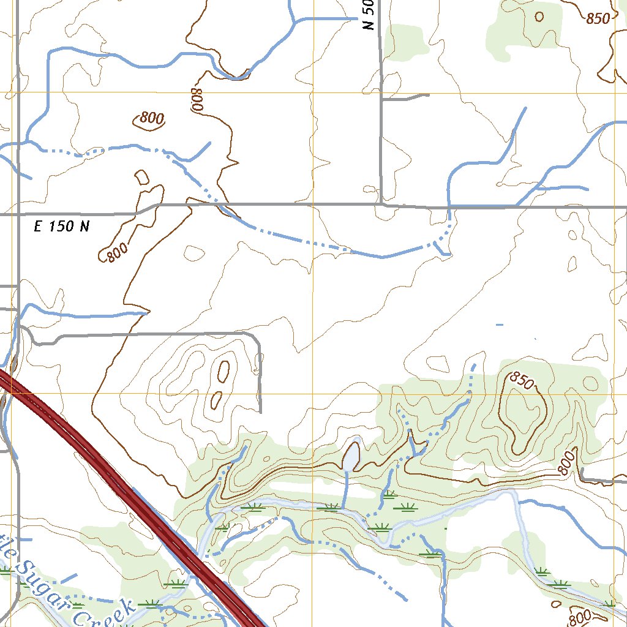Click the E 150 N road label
click(61, 227)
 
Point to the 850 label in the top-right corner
click(598, 18)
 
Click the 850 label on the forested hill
click(522, 381)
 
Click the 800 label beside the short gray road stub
click(568, 464)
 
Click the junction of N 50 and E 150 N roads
click(381, 205)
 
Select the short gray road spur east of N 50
click(405, 97)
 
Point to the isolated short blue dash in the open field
click(500, 324)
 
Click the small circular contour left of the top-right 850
click(539, 17)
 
